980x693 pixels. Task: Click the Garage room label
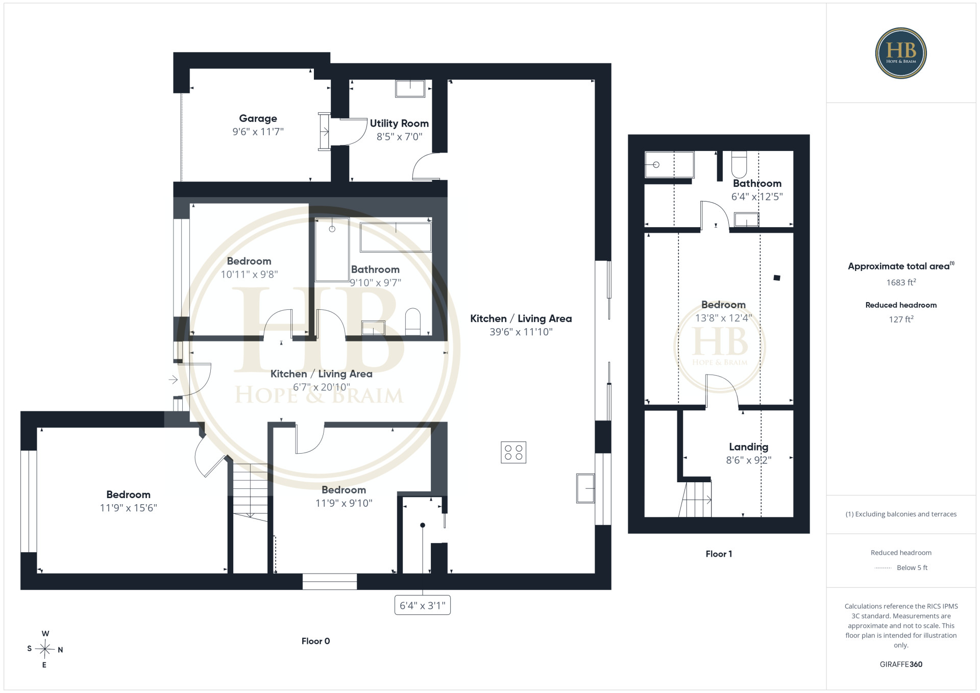tap(258, 118)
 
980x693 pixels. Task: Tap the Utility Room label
tap(399, 123)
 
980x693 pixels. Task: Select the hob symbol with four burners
tap(513, 452)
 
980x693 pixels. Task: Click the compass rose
tap(45, 649)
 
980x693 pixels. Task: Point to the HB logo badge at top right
tap(901, 53)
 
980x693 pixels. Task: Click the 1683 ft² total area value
tap(901, 282)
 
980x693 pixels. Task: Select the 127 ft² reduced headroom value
tap(901, 319)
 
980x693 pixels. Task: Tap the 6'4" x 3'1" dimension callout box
tap(423, 605)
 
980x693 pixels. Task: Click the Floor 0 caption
tap(315, 641)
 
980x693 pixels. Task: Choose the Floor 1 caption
tap(719, 554)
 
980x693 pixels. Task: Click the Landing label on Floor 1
tap(748, 447)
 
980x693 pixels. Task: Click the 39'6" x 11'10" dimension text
tap(521, 332)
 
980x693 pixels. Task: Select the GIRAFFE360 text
tap(901, 664)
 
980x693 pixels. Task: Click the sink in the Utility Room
tap(410, 88)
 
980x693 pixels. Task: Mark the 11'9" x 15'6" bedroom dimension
tap(128, 508)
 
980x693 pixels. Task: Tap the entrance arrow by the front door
tap(173, 380)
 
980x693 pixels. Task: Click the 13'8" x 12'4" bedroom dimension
tap(723, 318)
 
